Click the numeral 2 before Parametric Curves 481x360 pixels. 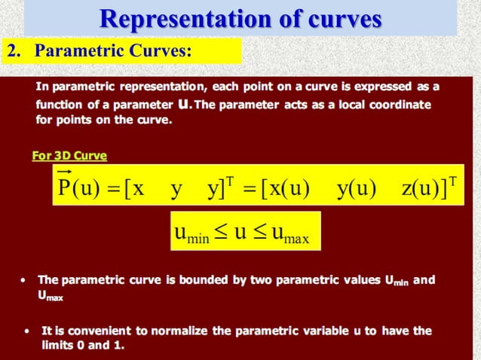[11, 51]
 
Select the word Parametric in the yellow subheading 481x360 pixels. [73, 51]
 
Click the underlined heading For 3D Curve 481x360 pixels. [69, 156]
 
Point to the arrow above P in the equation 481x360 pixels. [64, 171]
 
